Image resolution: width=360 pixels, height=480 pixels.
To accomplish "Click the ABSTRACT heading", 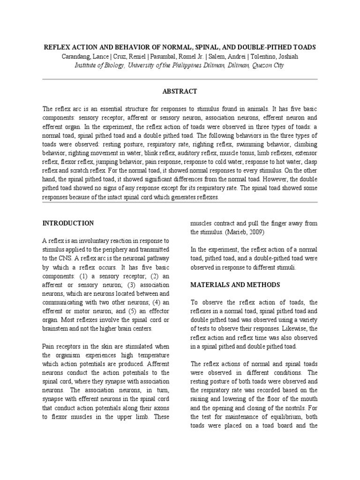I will (180, 91).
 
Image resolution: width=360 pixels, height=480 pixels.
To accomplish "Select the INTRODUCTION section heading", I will (68, 223).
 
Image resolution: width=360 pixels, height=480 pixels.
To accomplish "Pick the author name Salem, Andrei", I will (223, 57).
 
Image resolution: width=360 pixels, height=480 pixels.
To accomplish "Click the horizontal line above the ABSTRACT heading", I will (180, 79).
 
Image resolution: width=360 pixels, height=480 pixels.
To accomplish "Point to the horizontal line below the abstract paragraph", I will (180, 202).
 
